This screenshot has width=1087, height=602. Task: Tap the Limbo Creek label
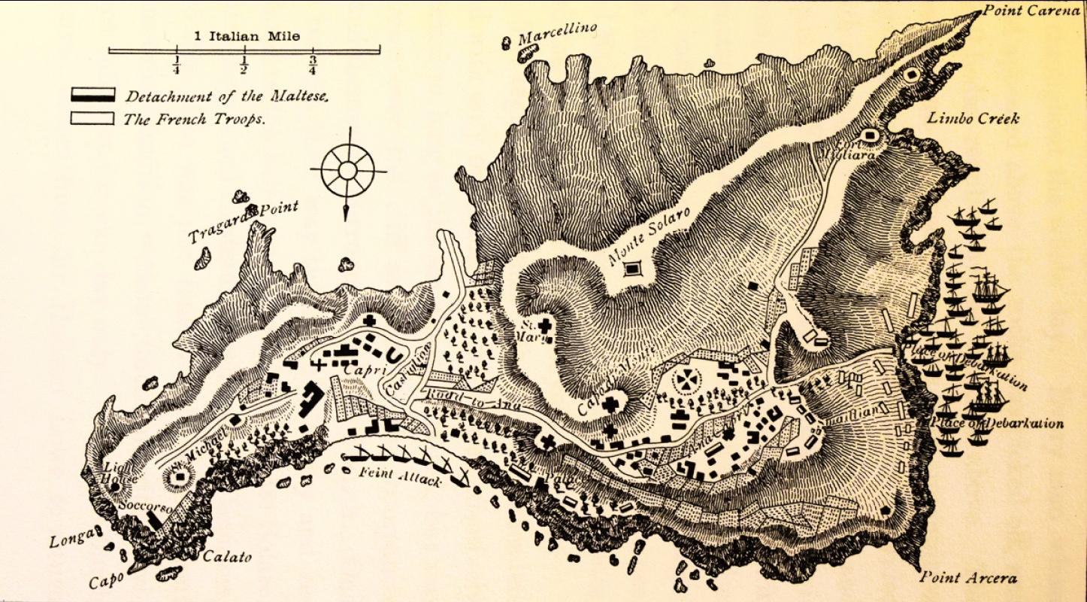coord(973,119)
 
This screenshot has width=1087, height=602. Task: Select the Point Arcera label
coord(968,578)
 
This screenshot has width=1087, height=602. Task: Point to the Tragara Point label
coord(244,222)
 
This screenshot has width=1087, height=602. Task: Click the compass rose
coord(347,172)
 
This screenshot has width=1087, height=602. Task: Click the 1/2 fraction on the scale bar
coord(244,65)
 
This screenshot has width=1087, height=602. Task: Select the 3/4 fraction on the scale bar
coord(312,65)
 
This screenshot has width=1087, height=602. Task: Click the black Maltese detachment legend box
coord(92,95)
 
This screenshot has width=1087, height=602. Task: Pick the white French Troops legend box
coord(92,118)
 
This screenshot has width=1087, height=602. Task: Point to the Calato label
coord(228,558)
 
